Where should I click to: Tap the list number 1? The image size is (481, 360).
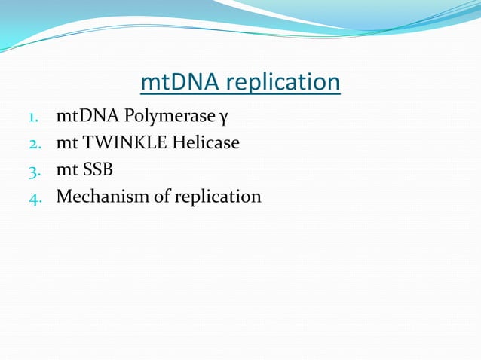(33, 118)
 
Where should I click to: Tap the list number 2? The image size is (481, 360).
(33, 142)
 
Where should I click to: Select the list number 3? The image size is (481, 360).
(33, 169)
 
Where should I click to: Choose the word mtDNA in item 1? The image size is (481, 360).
(82, 117)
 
